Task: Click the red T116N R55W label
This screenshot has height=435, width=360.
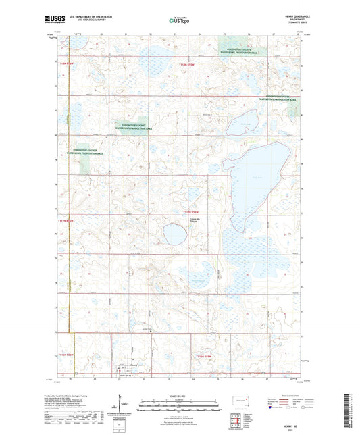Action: [x=203, y=355]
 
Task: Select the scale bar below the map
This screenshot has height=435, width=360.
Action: [x=180, y=405]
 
